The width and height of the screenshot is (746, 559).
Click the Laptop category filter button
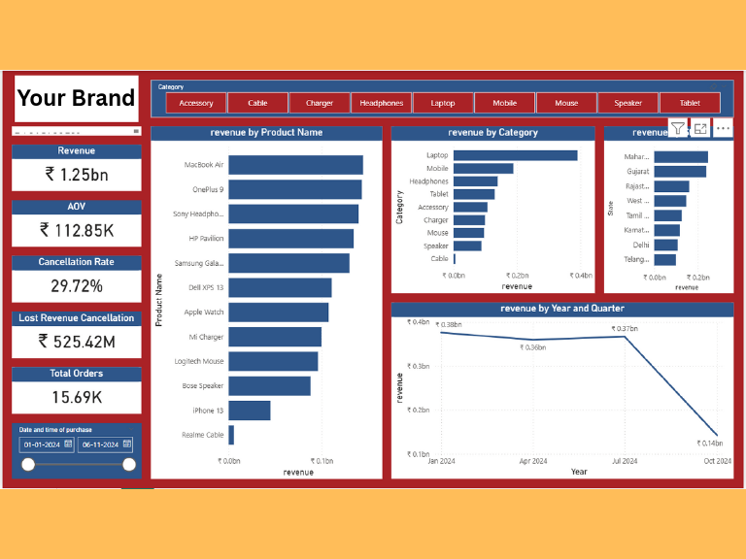[443, 103]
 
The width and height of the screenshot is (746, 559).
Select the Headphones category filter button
[381, 103]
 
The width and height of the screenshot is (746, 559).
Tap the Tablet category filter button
[690, 103]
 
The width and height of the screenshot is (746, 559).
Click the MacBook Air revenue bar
[295, 165]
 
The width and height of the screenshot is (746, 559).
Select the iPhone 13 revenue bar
[250, 411]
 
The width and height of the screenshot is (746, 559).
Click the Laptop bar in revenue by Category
[515, 155]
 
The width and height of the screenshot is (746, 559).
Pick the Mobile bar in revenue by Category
[483, 168]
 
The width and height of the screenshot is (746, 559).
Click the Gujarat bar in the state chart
[680, 172]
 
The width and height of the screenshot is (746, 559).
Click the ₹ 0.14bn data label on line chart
[710, 444]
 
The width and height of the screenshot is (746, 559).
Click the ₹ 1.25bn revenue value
[77, 175]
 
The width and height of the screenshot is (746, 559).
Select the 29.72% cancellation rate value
[77, 285]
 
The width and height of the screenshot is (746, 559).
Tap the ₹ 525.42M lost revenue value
[77, 341]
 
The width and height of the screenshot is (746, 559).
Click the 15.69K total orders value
[77, 396]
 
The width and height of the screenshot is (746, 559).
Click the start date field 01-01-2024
[42, 444]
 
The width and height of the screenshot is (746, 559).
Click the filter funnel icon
[678, 128]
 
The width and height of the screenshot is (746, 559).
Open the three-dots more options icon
[723, 128]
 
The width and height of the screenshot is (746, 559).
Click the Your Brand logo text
[77, 98]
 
